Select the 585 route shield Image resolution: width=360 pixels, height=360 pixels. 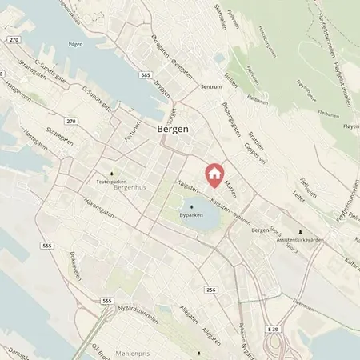point(145,75)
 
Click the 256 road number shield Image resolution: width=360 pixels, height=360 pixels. point(210,290)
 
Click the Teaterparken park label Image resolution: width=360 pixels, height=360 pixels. point(112,182)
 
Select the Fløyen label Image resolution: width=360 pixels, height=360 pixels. point(344,126)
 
